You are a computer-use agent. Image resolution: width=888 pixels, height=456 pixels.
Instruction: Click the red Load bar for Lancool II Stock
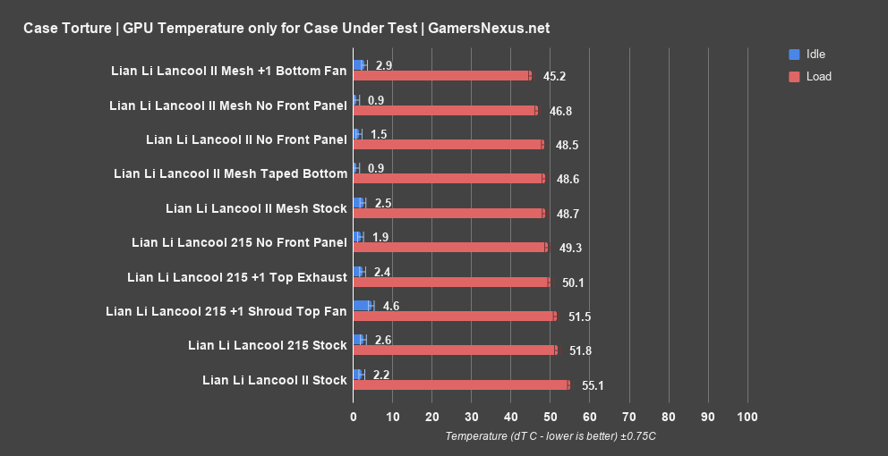click(x=461, y=384)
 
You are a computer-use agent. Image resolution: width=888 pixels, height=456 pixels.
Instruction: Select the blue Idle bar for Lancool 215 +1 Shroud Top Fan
click(x=363, y=306)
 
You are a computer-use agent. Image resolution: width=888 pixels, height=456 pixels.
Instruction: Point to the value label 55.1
click(x=593, y=385)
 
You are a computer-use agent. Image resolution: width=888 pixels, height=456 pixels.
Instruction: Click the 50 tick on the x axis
click(x=551, y=418)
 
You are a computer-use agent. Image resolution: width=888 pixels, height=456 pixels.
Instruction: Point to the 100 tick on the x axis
click(x=747, y=418)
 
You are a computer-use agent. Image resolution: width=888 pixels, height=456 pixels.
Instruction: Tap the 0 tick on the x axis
click(x=354, y=418)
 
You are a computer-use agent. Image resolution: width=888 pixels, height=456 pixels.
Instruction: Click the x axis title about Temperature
click(x=551, y=436)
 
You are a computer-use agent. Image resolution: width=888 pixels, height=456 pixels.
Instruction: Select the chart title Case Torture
click(x=286, y=28)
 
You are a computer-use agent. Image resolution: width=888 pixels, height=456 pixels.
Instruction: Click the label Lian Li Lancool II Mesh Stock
click(x=256, y=208)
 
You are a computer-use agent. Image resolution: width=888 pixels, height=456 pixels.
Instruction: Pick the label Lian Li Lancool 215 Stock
click(x=267, y=344)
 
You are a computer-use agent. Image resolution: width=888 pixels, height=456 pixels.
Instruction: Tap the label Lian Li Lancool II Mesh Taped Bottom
click(x=230, y=173)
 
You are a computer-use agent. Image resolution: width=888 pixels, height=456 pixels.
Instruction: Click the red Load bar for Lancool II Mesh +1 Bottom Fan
click(x=442, y=76)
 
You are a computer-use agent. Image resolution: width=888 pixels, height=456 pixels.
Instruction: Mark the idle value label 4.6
click(x=391, y=306)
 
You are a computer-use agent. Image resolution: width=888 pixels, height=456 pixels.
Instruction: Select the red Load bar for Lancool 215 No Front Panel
click(x=449, y=247)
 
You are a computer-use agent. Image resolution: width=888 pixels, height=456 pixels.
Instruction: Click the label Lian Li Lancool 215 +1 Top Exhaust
click(x=237, y=277)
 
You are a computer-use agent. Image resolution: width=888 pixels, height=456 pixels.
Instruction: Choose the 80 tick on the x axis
click(x=669, y=418)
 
